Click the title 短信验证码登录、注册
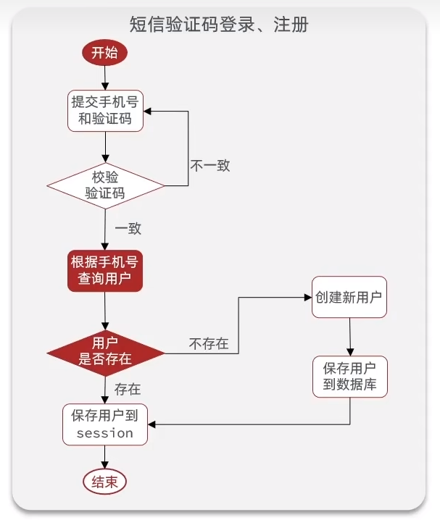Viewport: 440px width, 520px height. (x=219, y=25)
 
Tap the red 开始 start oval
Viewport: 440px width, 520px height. (x=106, y=54)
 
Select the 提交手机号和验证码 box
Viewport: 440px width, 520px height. (x=106, y=110)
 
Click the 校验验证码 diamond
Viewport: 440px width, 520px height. (x=106, y=185)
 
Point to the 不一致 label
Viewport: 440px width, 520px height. (x=209, y=165)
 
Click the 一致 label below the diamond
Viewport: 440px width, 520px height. (x=128, y=228)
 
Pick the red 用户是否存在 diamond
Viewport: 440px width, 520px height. (x=106, y=351)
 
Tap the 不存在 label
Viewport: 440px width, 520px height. (x=209, y=343)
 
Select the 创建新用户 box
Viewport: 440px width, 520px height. (x=349, y=298)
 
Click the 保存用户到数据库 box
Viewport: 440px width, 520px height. (x=349, y=376)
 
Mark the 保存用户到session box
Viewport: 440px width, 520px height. (x=106, y=424)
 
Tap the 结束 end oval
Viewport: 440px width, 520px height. (x=106, y=482)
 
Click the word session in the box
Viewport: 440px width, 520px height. (x=105, y=433)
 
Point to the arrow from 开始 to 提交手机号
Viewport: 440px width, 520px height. (x=106, y=77)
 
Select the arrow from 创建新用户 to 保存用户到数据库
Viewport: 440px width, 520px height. (x=350, y=337)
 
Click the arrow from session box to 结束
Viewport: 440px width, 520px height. (x=106, y=456)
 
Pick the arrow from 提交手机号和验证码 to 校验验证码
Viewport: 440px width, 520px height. (x=106, y=147)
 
